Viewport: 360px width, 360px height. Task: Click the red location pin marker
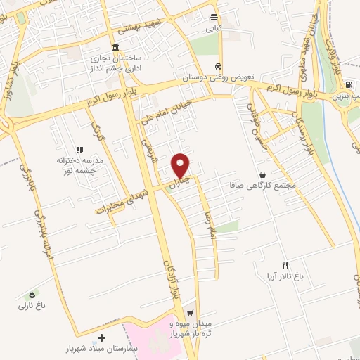point(181,165)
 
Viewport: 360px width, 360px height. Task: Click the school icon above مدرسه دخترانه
point(79,150)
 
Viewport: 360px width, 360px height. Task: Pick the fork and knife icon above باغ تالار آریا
point(285,266)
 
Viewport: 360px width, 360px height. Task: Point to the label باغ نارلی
point(31,305)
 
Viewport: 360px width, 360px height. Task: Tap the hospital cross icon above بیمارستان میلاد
point(103,338)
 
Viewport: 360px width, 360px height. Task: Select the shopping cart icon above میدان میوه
point(189,313)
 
